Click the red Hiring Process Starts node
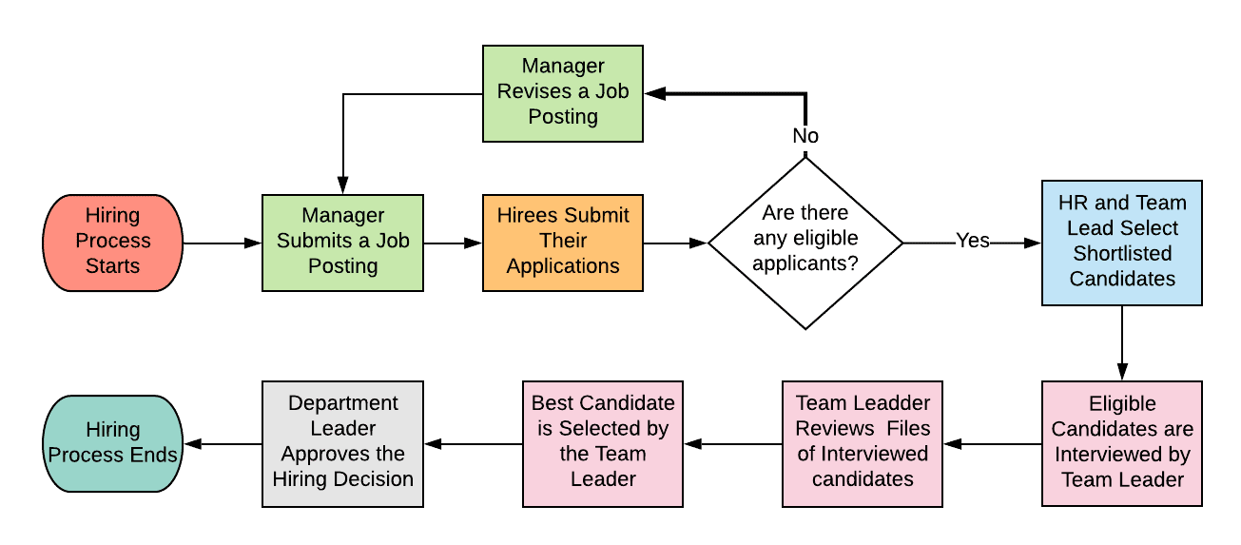coord(112,242)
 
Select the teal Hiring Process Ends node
coord(112,443)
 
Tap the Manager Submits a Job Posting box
coord(342,242)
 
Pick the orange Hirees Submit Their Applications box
coord(562,242)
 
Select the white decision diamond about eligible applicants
coord(805,242)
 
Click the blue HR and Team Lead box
coord(1121,242)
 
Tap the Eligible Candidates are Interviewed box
coord(1121,443)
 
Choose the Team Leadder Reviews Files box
coord(862,443)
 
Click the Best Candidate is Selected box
coord(602,443)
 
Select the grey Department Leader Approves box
coord(342,443)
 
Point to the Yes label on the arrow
coord(972,242)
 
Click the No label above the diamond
coord(805,136)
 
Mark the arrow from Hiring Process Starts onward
coord(222,243)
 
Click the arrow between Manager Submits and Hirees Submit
coord(453,243)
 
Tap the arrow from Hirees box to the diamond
coord(675,243)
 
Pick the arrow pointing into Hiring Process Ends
coord(222,444)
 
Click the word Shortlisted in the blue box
coord(1122,254)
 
